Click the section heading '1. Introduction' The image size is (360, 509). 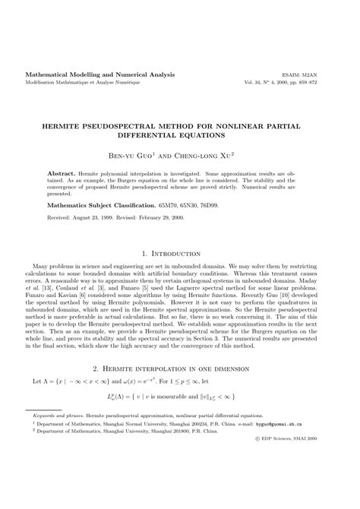[179, 232]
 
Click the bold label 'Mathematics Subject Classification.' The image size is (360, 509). [102, 184]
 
